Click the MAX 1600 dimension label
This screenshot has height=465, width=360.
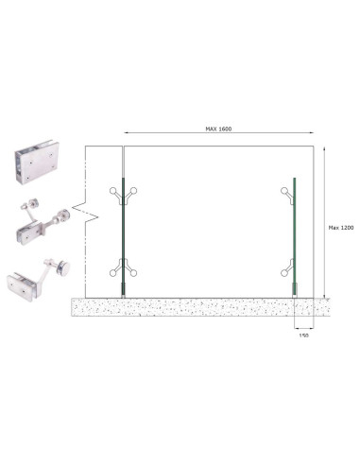[218, 129]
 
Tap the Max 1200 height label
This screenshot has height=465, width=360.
[341, 228]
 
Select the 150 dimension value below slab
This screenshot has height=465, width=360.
[303, 336]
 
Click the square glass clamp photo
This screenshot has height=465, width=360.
[37, 163]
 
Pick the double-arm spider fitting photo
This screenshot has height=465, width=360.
[43, 221]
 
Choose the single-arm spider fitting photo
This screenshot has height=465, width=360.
[38, 280]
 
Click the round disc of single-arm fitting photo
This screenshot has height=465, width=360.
[64, 268]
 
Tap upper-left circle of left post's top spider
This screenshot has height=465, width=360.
[112, 190]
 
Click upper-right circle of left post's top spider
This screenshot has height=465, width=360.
[134, 190]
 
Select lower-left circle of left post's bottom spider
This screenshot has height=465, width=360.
[112, 273]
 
